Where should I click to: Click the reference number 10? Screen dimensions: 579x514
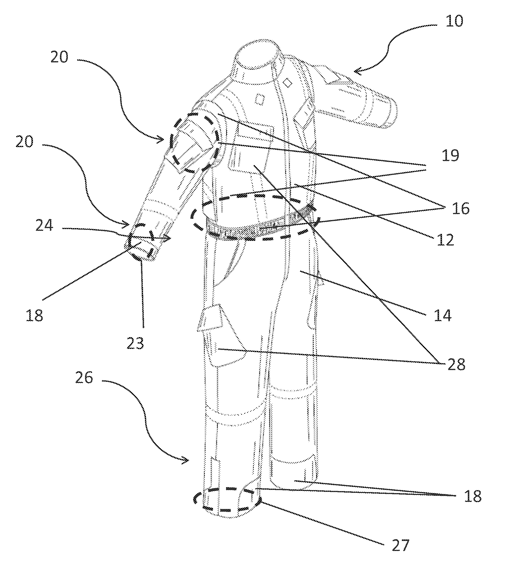(x=454, y=21)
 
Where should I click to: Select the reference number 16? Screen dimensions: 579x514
(x=461, y=209)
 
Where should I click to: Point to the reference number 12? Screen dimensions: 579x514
(x=445, y=240)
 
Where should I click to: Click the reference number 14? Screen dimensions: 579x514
(x=443, y=315)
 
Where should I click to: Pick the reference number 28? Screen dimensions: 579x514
(x=456, y=365)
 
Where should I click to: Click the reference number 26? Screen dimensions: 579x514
(x=84, y=378)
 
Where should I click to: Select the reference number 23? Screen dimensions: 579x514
(x=135, y=344)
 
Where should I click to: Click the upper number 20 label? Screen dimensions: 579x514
(x=59, y=57)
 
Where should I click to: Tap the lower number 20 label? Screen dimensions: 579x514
(x=24, y=142)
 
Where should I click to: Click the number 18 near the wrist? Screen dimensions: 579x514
(x=34, y=315)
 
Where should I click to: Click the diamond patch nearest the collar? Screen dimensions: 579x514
(x=288, y=83)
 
